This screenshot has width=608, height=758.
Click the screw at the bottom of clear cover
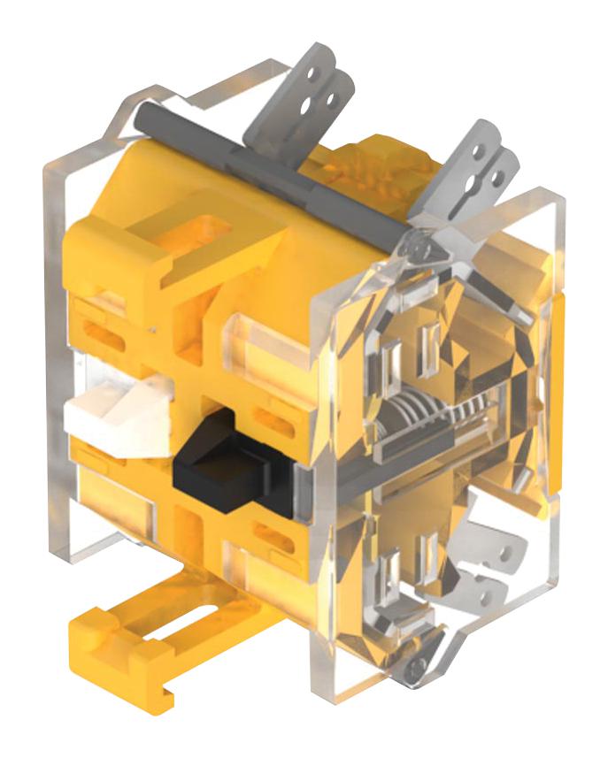412,672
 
